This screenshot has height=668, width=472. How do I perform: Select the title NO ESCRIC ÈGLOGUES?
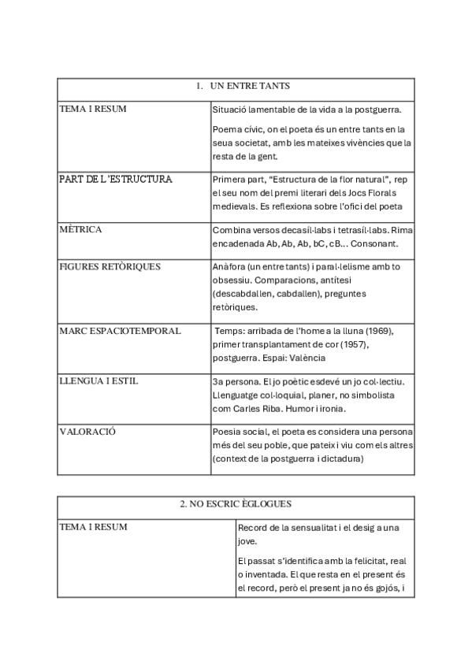(x=236, y=503)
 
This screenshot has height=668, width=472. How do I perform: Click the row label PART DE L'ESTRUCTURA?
(x=115, y=180)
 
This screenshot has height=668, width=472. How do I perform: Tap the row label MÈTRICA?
(x=81, y=230)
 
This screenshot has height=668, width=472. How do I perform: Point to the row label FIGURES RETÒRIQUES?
(x=110, y=266)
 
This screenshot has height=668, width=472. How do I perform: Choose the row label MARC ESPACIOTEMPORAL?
(x=120, y=331)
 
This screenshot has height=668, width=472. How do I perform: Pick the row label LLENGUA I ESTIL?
(x=98, y=381)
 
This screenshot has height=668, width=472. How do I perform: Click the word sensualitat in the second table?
(x=303, y=527)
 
